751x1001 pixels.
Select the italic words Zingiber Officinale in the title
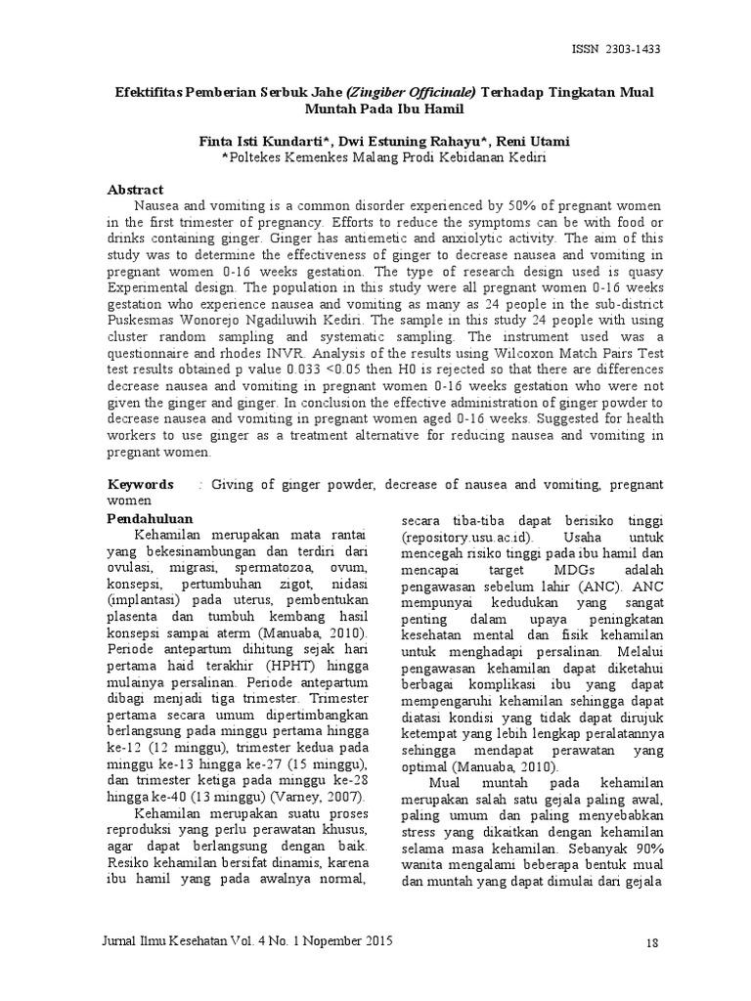pyautogui.click(x=413, y=91)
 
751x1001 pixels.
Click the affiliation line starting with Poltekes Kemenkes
pyautogui.click(x=383, y=157)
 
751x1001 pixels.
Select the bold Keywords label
pyautogui.click(x=140, y=484)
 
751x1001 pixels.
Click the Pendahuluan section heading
pyautogui.click(x=150, y=517)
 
